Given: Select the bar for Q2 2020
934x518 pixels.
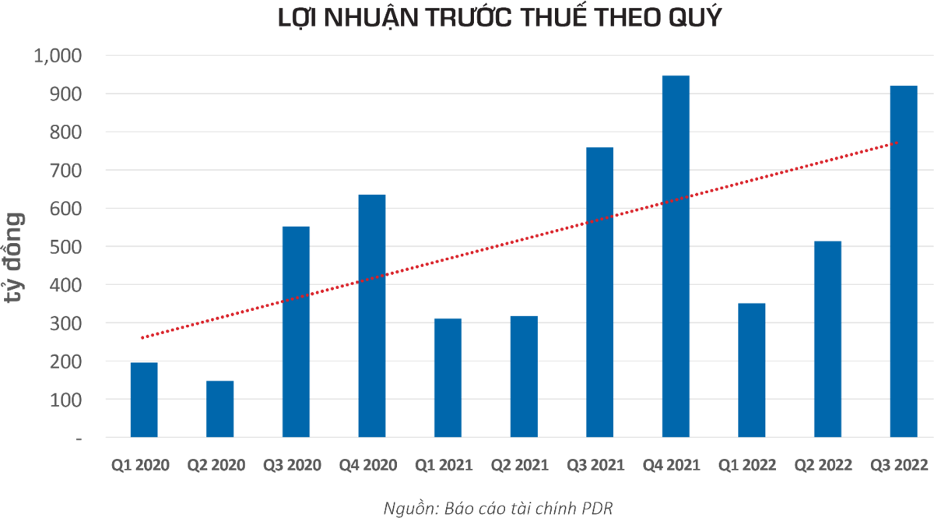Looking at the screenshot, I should point(219,408).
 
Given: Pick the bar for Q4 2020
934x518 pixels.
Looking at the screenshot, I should point(371,315).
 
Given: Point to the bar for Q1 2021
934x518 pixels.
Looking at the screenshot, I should point(448,377).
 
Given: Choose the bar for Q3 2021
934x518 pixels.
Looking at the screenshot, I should point(599,292).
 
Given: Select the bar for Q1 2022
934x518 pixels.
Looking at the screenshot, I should point(751,369).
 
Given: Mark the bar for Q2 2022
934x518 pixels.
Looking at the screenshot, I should point(827,339).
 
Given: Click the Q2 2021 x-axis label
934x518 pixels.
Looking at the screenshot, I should point(524,466).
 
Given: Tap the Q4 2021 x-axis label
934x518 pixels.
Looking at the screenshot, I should point(676,466).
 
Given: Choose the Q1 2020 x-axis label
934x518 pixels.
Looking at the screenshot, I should point(143,466).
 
